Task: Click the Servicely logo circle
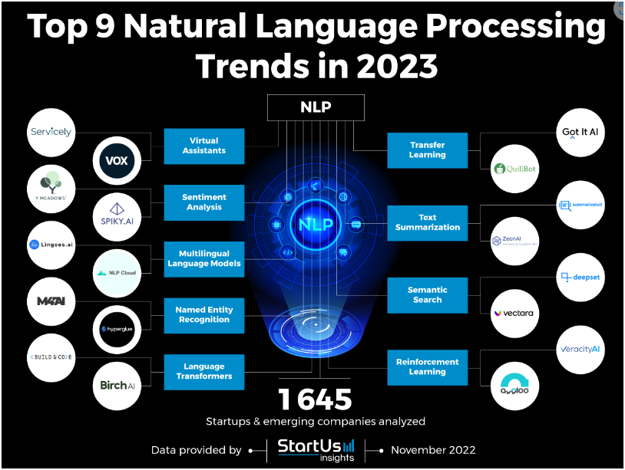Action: point(51,133)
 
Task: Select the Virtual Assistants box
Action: point(204,146)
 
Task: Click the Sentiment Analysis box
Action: point(204,202)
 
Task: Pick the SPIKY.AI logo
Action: point(117,217)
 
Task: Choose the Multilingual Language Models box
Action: point(204,258)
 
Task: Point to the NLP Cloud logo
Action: point(117,273)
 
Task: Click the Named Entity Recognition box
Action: point(204,314)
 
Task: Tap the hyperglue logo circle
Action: point(117,329)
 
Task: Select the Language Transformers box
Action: point(204,371)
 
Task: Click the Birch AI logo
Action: point(117,385)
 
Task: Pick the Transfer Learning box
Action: point(427,150)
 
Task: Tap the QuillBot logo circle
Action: point(514,168)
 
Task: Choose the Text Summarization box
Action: point(427,222)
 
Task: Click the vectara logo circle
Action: point(514,314)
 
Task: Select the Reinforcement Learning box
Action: point(427,366)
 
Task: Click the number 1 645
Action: point(315,399)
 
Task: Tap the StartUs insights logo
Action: point(316,450)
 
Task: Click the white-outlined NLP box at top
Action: point(316,107)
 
